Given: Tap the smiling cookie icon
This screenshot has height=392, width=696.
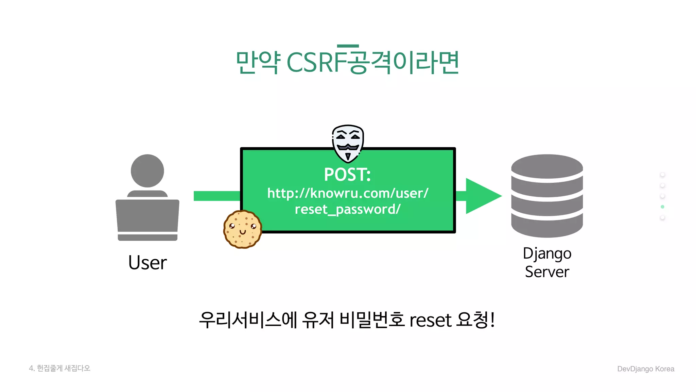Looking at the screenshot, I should click(242, 229).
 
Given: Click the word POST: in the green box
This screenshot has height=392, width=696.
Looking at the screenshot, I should click(347, 175).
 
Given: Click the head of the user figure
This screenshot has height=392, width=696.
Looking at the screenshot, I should click(147, 171).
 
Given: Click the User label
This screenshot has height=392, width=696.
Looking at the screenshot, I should click(147, 263).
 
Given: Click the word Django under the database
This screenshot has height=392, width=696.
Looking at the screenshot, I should click(547, 254).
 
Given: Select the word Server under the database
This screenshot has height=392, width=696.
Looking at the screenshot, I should click(547, 272).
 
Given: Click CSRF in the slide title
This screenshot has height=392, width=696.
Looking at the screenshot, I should click(316, 63).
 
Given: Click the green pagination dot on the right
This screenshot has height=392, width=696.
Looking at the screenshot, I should click(662, 207).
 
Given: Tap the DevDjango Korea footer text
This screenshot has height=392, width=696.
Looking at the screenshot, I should click(645, 369).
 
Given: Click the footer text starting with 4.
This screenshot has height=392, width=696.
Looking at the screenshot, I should click(59, 368).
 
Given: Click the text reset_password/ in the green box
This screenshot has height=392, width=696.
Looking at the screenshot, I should click(347, 209).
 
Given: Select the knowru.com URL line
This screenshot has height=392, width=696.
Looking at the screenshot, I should click(347, 193).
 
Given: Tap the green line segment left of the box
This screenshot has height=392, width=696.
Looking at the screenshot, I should click(217, 196).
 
